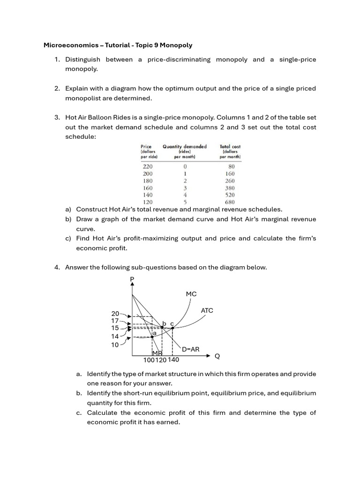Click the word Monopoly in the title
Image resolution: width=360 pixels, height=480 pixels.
(x=176, y=45)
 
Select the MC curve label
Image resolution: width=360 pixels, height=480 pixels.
(x=191, y=294)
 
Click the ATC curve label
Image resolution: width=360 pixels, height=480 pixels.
(x=207, y=310)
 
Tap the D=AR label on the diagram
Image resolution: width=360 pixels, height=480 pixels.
(x=190, y=349)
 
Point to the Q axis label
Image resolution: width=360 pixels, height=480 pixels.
(x=217, y=356)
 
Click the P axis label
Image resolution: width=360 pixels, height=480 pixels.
(x=132, y=279)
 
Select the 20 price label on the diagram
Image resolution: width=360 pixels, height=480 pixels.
(x=115, y=314)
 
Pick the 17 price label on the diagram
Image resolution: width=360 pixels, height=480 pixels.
(x=115, y=321)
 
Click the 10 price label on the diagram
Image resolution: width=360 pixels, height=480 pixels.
(x=115, y=345)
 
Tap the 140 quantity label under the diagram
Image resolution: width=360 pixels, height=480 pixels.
(x=173, y=360)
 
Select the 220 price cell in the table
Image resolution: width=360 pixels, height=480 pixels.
(x=147, y=166)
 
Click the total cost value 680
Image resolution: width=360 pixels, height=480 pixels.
(x=230, y=202)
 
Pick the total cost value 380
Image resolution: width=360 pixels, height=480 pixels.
(x=230, y=188)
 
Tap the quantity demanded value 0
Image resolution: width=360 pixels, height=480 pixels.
(x=185, y=166)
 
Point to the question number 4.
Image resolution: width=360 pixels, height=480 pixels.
(x=57, y=268)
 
